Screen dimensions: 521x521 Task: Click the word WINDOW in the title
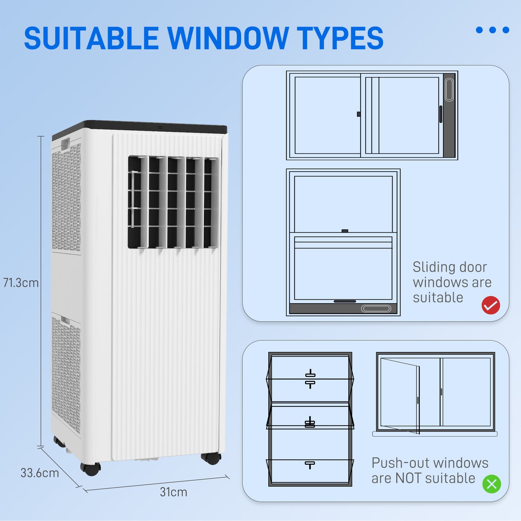[228, 39]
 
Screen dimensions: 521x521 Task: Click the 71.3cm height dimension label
[21, 283]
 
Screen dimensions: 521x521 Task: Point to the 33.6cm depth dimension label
[40, 473]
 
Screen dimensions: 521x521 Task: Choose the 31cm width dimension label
[173, 492]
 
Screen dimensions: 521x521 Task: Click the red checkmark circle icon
[491, 305]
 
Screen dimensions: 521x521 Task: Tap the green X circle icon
[492, 484]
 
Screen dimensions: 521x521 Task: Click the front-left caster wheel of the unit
[90, 469]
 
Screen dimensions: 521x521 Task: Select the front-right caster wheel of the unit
[211, 458]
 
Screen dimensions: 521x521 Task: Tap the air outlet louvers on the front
[173, 202]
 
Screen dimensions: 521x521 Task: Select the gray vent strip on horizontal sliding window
[449, 115]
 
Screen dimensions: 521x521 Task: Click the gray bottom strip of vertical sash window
[343, 309]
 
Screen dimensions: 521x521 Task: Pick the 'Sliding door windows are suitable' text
[452, 282]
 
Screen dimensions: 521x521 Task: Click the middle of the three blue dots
[493, 30]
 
